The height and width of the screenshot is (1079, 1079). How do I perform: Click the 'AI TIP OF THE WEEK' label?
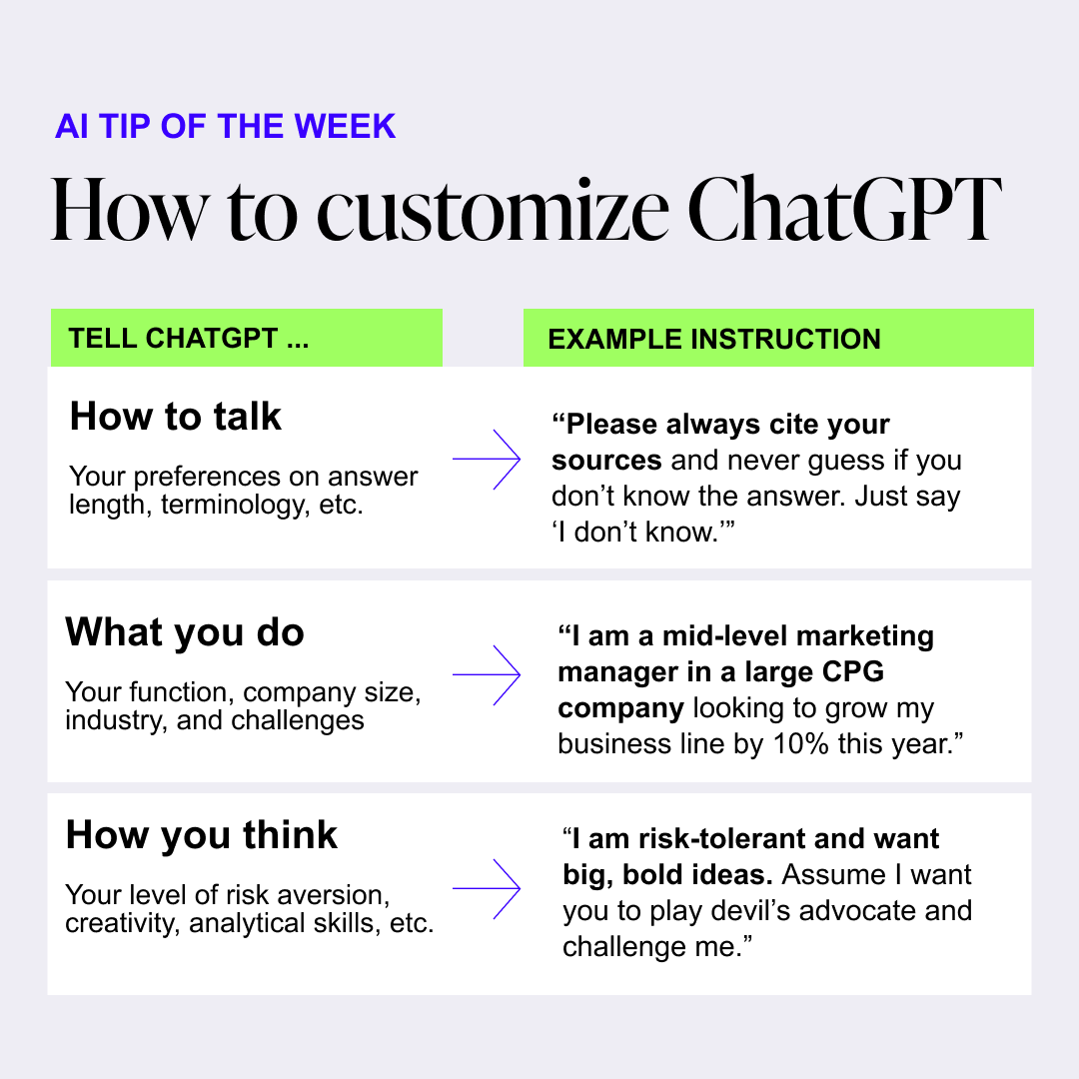click(x=225, y=127)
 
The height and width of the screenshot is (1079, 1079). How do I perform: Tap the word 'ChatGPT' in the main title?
click(x=844, y=209)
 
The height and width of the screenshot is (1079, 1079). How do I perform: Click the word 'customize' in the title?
click(x=493, y=210)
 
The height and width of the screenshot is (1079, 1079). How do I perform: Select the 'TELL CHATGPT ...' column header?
click(x=189, y=338)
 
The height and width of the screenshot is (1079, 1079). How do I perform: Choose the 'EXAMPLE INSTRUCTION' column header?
click(x=714, y=340)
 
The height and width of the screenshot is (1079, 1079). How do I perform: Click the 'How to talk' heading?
click(x=176, y=417)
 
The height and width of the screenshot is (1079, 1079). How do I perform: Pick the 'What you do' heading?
click(x=185, y=631)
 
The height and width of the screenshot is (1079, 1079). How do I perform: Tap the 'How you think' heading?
click(x=202, y=834)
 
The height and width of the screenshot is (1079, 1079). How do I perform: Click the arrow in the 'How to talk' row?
click(x=487, y=459)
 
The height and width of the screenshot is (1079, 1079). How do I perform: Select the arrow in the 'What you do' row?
click(x=487, y=675)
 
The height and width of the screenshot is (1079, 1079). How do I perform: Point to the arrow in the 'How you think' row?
click(x=487, y=888)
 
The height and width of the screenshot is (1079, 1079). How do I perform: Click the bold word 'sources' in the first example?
click(x=606, y=461)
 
